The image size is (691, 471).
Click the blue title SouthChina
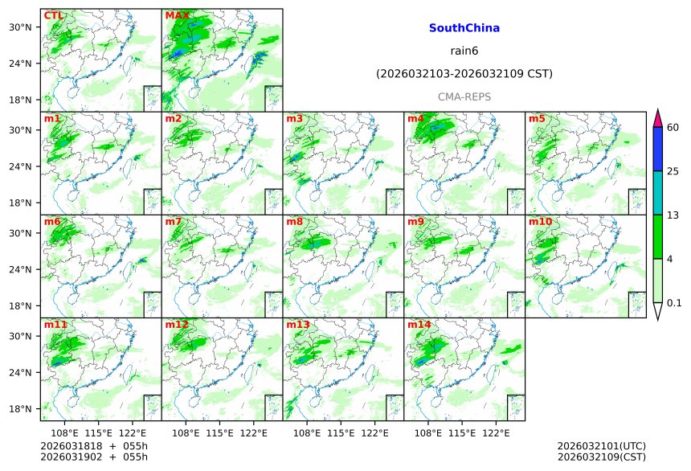pyautogui.click(x=464, y=28)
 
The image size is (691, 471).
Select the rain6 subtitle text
pyautogui.click(x=464, y=51)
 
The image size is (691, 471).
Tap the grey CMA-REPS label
pyautogui.click(x=464, y=96)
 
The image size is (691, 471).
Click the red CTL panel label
pyautogui.click(x=54, y=15)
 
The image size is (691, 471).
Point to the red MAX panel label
pyautogui.click(x=178, y=15)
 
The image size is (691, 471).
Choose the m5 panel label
pyautogui.click(x=537, y=119)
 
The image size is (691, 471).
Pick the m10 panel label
pyautogui.click(x=540, y=222)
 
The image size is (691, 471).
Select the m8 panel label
pyautogui.click(x=294, y=222)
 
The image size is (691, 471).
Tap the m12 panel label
pyautogui.click(x=177, y=325)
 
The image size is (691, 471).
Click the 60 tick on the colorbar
pyautogui.click(x=673, y=128)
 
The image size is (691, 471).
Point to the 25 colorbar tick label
pyautogui.click(x=673, y=171)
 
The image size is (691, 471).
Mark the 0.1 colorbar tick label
pyautogui.click(x=674, y=302)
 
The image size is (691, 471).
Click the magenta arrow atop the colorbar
pyautogui.click(x=657, y=117)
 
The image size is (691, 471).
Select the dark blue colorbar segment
pyautogui.click(x=657, y=149)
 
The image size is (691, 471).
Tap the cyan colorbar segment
pyautogui.click(x=657, y=193)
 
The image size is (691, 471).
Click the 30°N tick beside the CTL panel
pyautogui.click(x=27, y=27)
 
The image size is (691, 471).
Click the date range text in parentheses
pyautogui.click(x=464, y=74)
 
